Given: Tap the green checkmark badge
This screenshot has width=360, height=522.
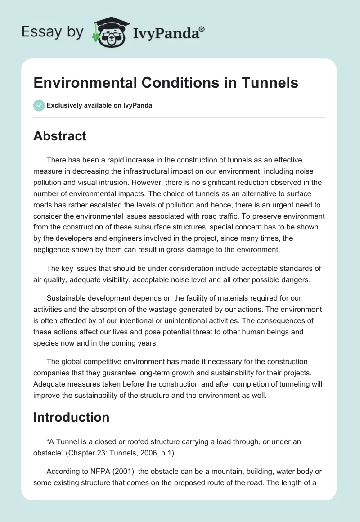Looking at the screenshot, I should coord(39,105).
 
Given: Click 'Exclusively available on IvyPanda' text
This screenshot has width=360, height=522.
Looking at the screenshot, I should coord(99,106).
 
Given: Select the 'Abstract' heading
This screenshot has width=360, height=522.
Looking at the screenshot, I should coord(60,136).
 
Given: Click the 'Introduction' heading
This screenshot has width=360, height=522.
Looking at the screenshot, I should coord(71,417).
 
